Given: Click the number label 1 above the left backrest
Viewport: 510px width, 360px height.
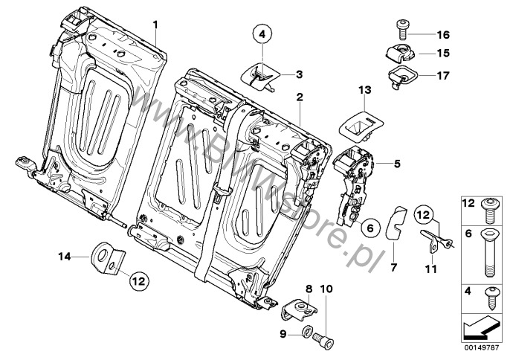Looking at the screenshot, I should pos(156,25).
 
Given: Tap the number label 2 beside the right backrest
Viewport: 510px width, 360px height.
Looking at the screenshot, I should pos(300,97).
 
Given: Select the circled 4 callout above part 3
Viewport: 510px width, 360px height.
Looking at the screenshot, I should pos(262,33).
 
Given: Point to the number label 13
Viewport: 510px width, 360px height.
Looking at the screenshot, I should pos(364,90).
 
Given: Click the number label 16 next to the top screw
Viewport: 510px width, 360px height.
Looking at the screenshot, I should pos(443,34).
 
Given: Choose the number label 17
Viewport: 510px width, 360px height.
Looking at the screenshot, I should pos(443,74).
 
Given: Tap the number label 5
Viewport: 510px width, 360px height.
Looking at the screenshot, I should pos(397,164).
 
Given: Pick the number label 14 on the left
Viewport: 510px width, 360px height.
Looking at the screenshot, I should pos(65,257).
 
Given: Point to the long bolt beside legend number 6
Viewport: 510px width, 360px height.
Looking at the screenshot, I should pos(490,251).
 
